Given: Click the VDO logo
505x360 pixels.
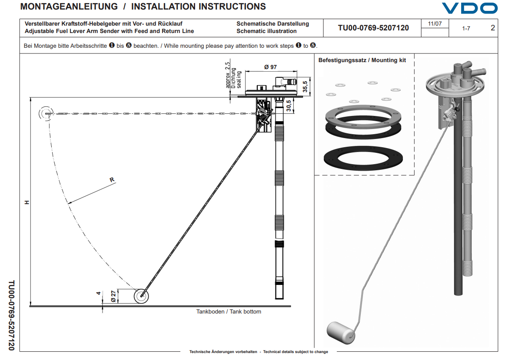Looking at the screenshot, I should click(469, 8).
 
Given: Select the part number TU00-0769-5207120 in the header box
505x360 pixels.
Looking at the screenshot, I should click(373, 28).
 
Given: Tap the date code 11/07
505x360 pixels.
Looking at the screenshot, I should click(435, 24).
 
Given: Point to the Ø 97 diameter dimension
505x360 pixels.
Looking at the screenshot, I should click(270, 67).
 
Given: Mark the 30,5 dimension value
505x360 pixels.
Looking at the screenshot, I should click(289, 106).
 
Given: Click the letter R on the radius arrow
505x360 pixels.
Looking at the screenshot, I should click(112, 179).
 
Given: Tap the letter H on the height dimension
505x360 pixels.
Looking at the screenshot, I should click(27, 202).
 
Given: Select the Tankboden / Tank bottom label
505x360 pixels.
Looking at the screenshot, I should click(229, 311).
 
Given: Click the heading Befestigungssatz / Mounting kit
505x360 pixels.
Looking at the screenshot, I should click(362, 60).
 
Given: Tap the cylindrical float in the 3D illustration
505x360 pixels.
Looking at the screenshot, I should click(340, 331).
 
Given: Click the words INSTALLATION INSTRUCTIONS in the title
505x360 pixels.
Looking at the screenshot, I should click(199, 7).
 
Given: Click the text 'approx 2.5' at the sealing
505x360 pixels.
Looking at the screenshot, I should click(227, 75).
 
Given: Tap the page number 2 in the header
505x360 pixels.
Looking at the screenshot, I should click(492, 28).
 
